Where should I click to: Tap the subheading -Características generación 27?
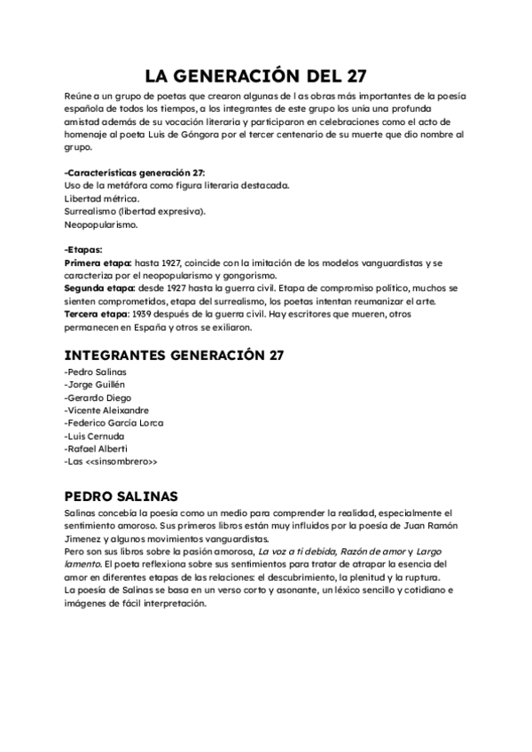[x=135, y=171]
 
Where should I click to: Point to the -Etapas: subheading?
[x=83, y=250]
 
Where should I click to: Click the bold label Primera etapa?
[x=98, y=263]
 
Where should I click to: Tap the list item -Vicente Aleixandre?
[x=106, y=410]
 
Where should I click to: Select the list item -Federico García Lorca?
[x=114, y=423]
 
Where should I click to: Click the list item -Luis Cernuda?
[x=95, y=435]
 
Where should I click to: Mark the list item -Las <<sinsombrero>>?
[x=111, y=462]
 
